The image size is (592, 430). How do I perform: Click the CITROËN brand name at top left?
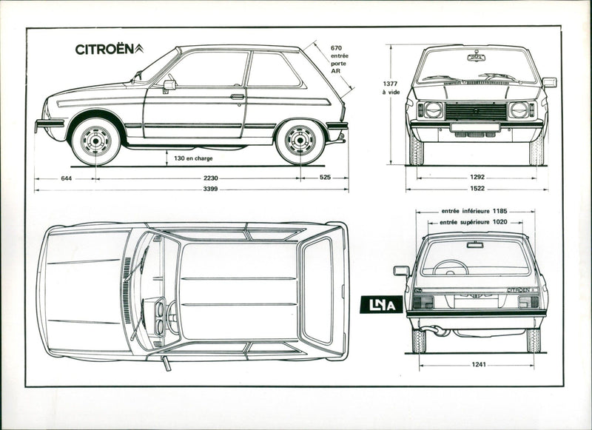104,50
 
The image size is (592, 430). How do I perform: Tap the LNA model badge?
381,304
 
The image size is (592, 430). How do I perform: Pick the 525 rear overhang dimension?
325,178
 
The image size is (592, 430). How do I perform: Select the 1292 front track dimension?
477,178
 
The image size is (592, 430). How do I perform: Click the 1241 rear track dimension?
477,365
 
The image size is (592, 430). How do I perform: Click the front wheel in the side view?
95,140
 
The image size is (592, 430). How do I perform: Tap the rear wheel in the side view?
300,140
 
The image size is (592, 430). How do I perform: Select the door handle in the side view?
237,96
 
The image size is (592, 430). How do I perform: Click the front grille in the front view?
475,111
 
